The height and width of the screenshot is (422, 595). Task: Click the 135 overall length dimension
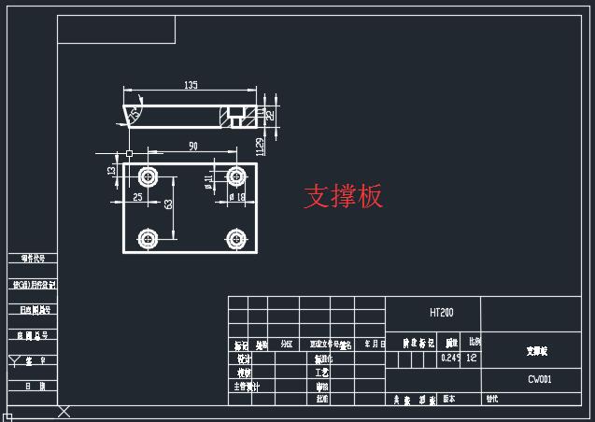click(191, 86)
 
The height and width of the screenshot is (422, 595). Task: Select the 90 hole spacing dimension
click(192, 147)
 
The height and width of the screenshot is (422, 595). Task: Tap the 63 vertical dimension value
click(168, 204)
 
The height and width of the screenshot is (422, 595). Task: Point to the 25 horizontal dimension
click(137, 197)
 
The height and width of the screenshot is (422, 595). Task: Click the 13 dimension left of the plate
click(111, 170)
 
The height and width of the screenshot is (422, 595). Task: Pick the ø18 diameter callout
click(236, 197)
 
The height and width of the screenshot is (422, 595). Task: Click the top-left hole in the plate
click(148, 176)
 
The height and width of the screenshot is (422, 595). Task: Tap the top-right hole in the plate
click(236, 176)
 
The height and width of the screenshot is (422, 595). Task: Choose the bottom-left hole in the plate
click(148, 238)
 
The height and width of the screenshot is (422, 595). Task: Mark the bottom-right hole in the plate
click(236, 238)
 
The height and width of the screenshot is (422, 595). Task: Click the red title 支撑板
click(343, 196)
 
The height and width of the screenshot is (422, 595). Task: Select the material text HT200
click(441, 312)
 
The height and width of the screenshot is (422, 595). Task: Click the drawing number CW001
click(540, 380)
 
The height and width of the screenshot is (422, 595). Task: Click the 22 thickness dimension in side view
click(270, 115)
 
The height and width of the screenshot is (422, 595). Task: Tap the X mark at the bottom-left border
click(64, 411)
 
